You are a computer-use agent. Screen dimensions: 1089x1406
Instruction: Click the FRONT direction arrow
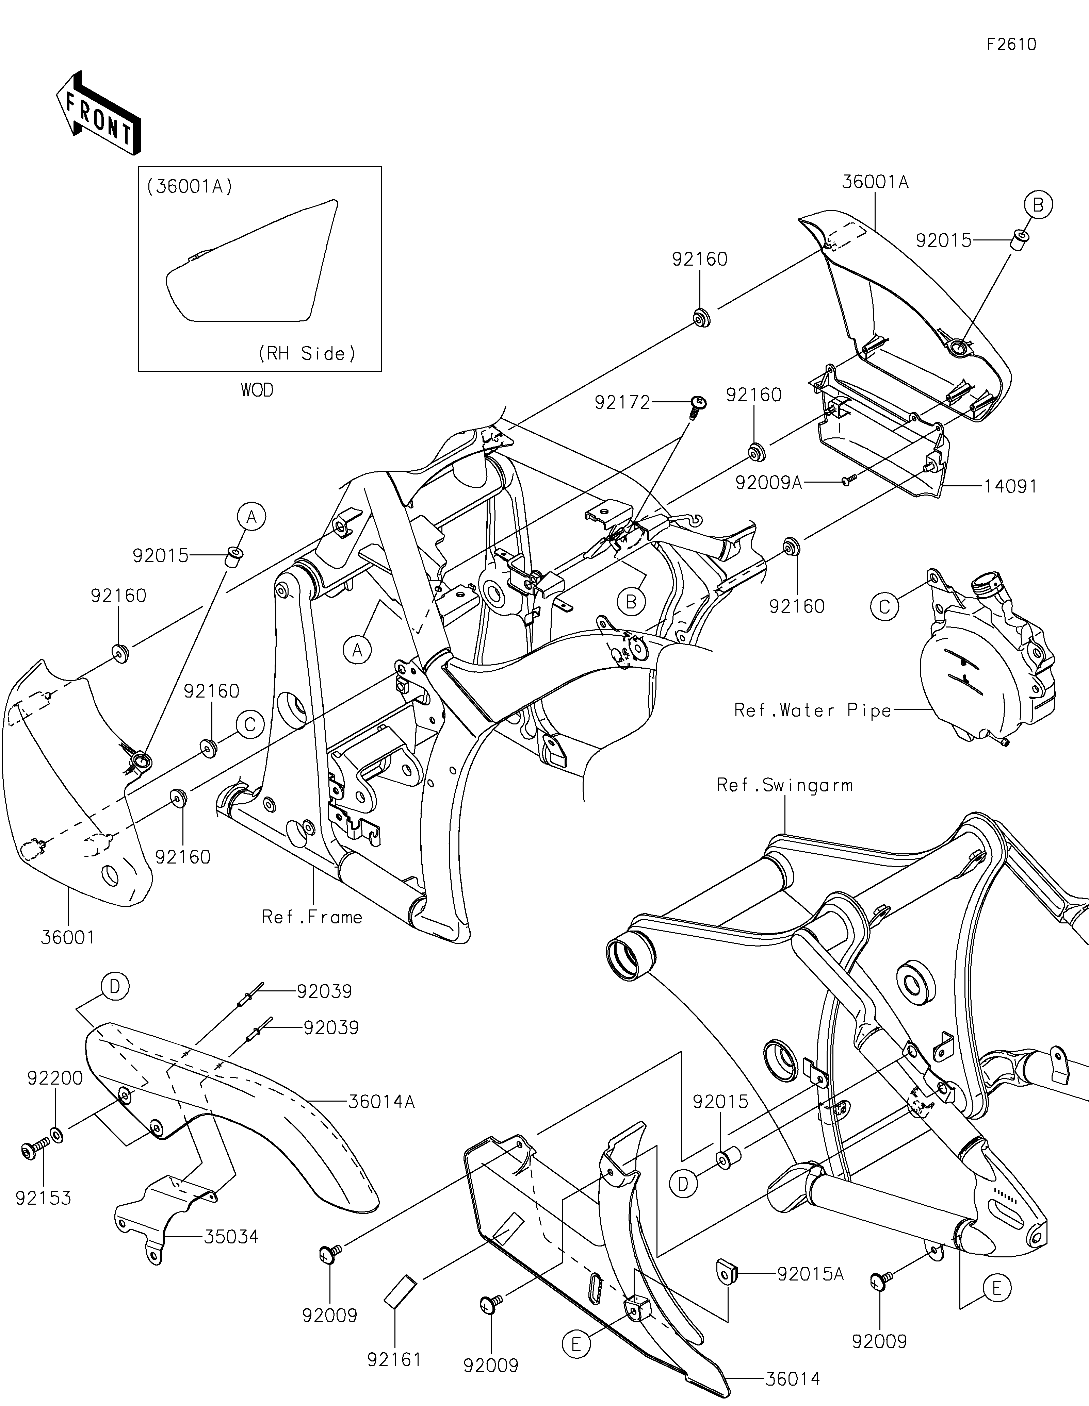coord(99,113)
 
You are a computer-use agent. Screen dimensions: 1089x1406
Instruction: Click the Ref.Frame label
coord(312,917)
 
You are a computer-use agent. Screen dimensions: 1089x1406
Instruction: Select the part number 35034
coord(232,1237)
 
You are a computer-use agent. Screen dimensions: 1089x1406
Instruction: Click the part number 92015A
coord(810,1274)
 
